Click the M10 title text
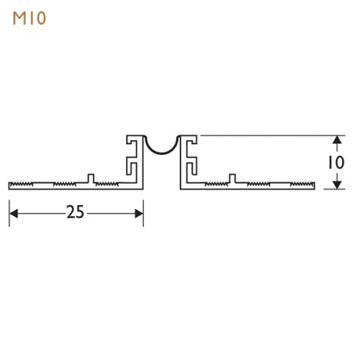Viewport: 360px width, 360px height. point(30,18)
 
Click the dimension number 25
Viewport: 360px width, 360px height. point(75,212)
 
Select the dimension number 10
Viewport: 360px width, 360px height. point(335,162)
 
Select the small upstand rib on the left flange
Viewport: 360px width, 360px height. point(90,178)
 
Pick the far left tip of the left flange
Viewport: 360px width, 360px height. point(9,185)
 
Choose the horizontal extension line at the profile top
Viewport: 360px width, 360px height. point(266,135)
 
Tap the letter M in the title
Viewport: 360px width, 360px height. point(19,18)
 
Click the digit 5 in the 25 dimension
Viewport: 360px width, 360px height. point(80,212)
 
